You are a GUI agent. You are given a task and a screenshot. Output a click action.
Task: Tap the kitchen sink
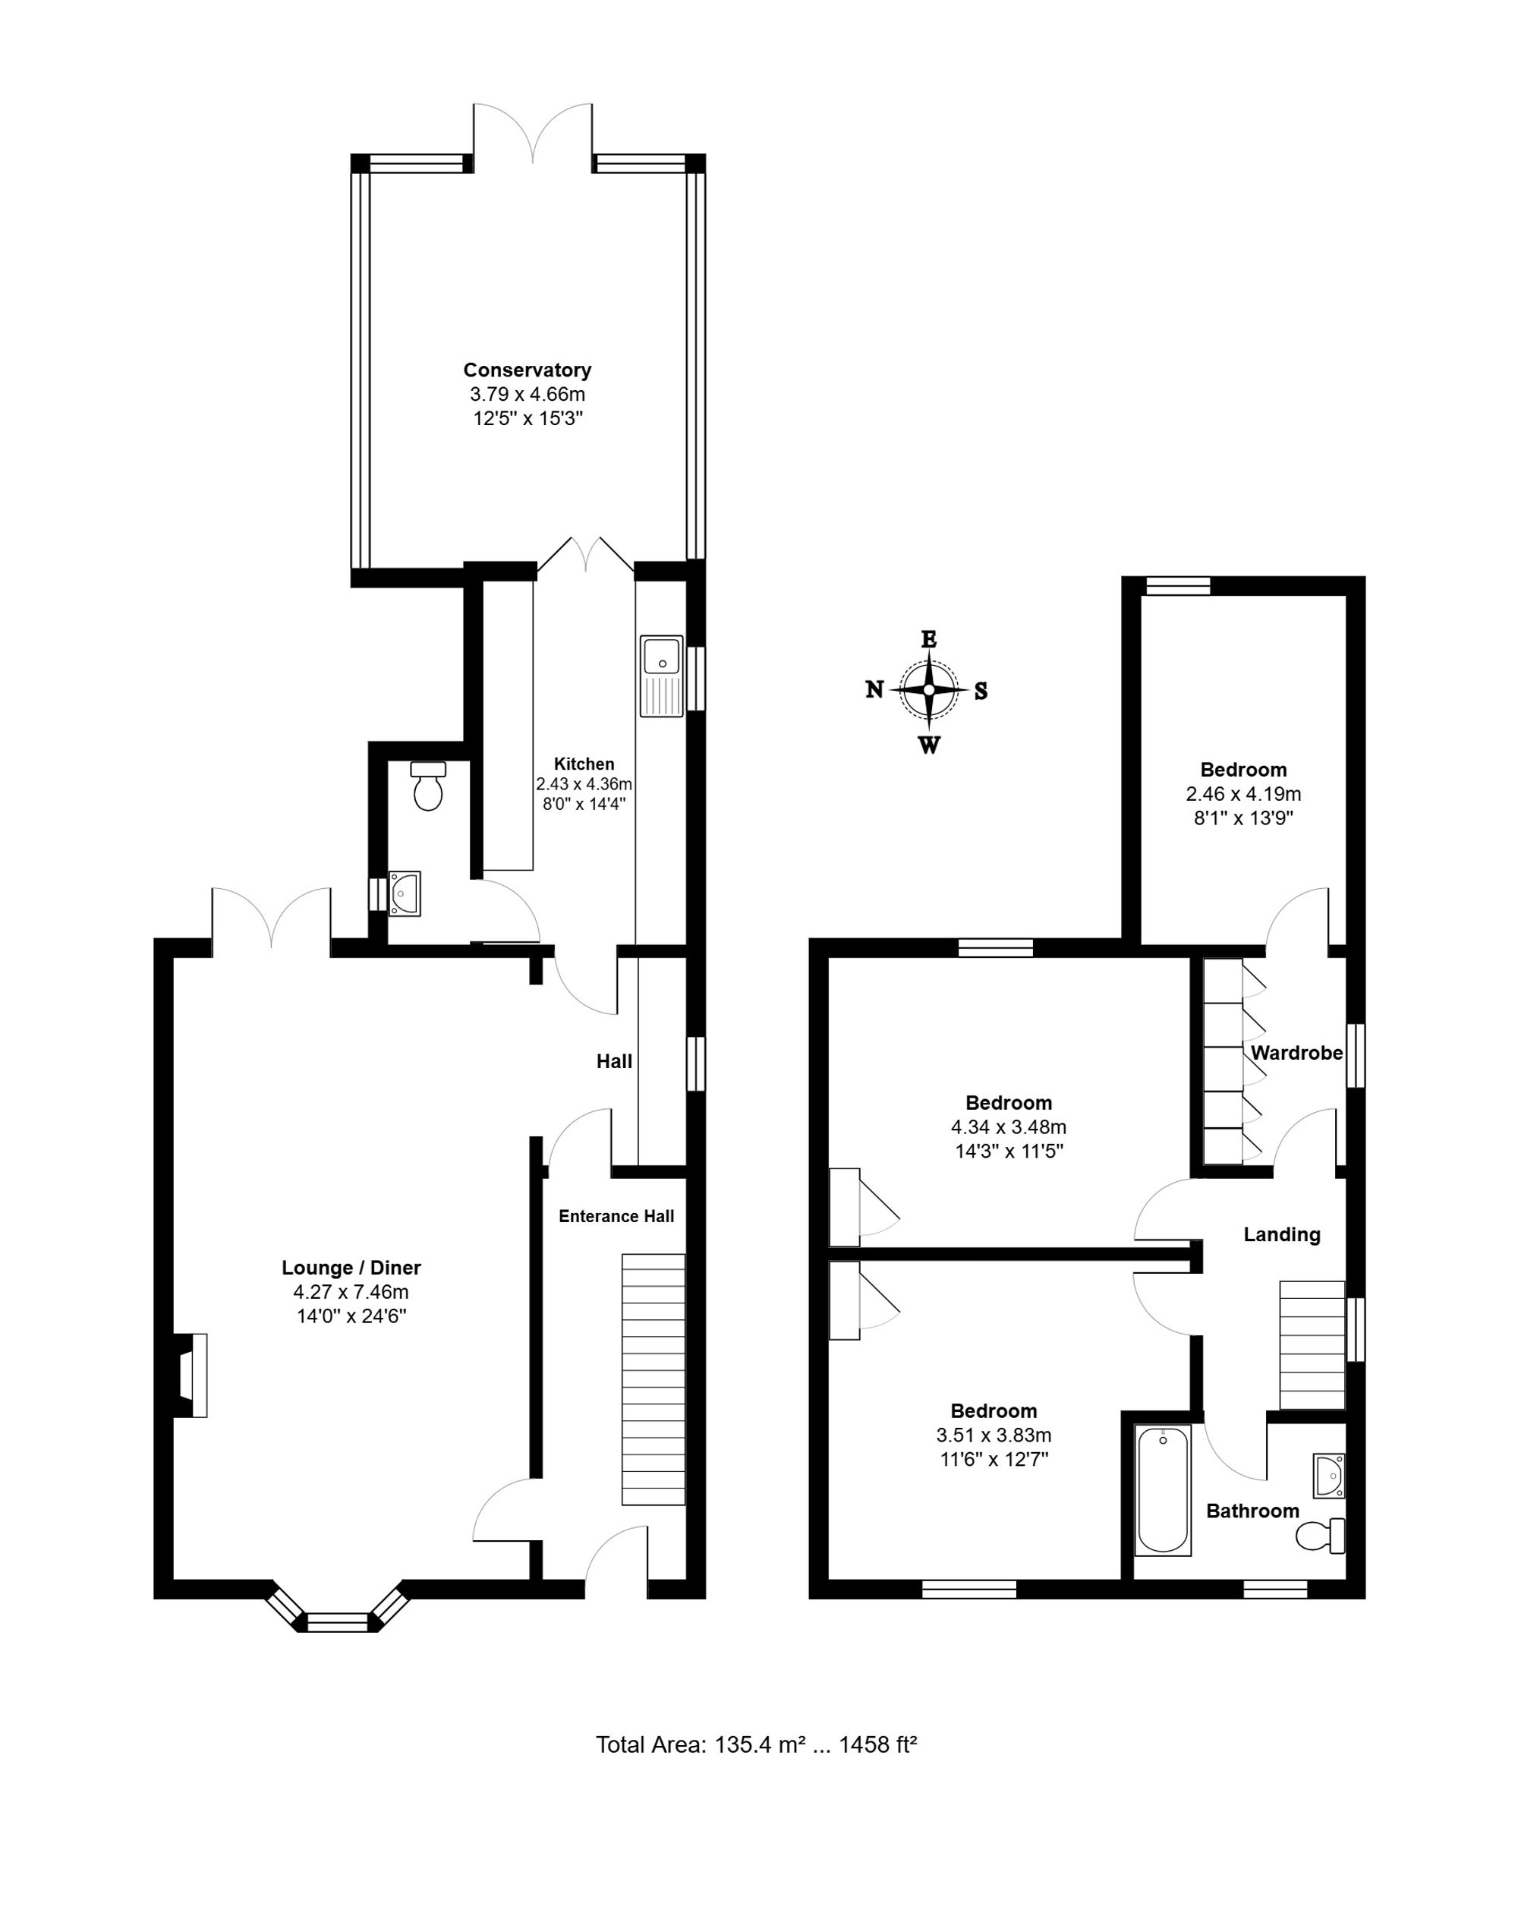click(x=661, y=676)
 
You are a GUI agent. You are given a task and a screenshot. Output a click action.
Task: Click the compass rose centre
click(x=929, y=690)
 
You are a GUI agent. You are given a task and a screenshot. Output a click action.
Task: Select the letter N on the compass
click(x=874, y=690)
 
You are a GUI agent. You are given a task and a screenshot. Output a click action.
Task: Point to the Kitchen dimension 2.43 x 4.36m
click(x=584, y=784)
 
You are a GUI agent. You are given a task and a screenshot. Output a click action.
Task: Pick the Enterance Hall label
click(x=617, y=1216)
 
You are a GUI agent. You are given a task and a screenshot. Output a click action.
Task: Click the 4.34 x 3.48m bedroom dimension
click(x=1009, y=1127)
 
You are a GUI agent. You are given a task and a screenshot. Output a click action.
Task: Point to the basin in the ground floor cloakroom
click(x=405, y=893)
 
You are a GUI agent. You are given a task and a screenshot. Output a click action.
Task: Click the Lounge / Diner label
click(x=351, y=1268)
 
